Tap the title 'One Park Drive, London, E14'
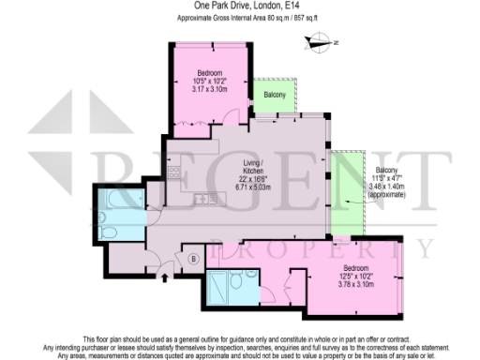(x=240, y=6)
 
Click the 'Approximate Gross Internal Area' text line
(x=240, y=17)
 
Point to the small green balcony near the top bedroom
(x=275, y=95)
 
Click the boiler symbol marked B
(x=194, y=259)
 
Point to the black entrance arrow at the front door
(x=166, y=277)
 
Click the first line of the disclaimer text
(x=240, y=336)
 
